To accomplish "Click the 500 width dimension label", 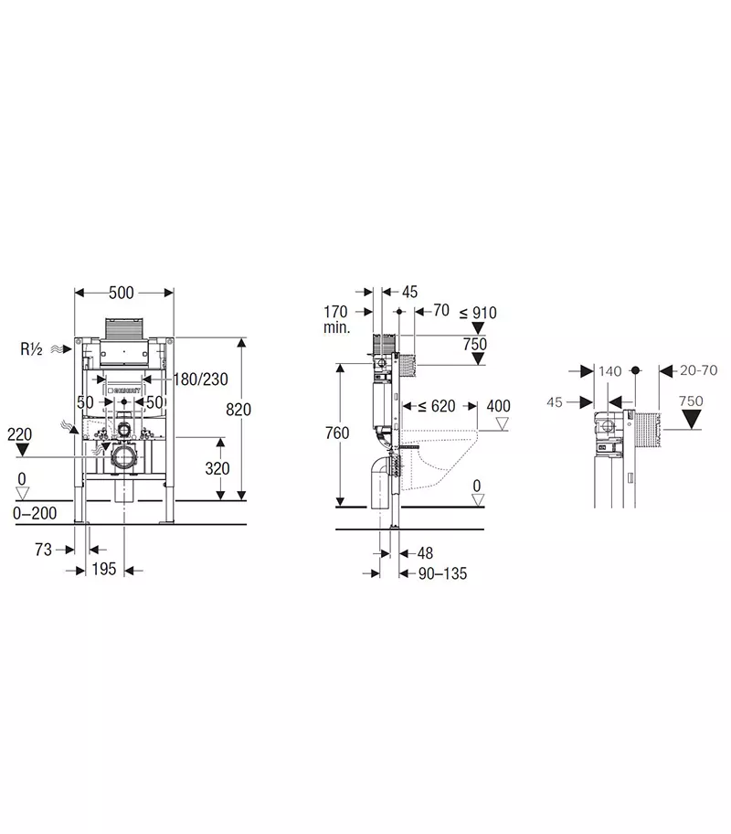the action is coord(122,293).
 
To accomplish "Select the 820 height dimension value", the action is coord(238,410).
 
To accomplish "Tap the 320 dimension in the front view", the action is coord(217,468).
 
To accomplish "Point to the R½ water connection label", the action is coord(31,349).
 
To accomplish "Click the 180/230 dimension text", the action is coord(201,380).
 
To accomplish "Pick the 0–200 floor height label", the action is coord(35,513).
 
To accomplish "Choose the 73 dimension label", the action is coord(44,550).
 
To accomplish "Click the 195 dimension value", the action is coord(103,569).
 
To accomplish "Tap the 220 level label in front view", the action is coord(20,434).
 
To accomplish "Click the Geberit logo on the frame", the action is coord(124,390).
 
